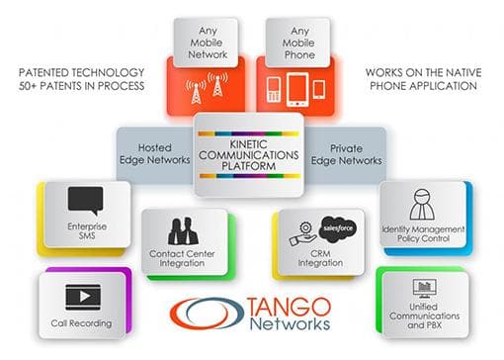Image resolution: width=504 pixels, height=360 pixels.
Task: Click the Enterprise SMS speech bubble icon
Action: pos(86,199)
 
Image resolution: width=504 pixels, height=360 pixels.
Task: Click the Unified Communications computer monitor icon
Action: pos(425,289)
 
